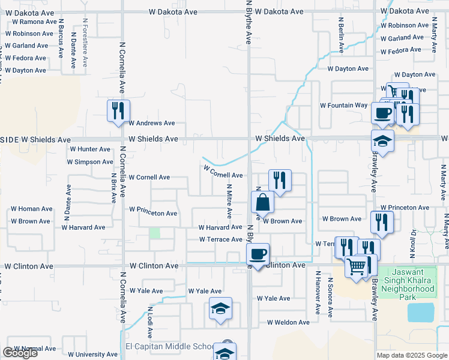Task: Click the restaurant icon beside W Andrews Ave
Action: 118,110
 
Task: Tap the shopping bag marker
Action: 262,202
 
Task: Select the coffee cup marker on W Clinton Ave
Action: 258,254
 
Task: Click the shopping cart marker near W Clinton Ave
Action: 357,266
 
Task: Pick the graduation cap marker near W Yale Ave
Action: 220,308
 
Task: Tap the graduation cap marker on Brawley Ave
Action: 382,141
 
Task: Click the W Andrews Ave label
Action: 152,123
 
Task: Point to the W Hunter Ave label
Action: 90,149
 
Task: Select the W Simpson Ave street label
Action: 90,162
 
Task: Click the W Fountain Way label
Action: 343,105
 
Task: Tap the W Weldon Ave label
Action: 288,322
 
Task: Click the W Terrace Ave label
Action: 220,239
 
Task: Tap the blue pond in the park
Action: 420,312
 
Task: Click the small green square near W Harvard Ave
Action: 155,233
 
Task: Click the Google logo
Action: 20,353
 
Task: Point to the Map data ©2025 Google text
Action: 411,355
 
